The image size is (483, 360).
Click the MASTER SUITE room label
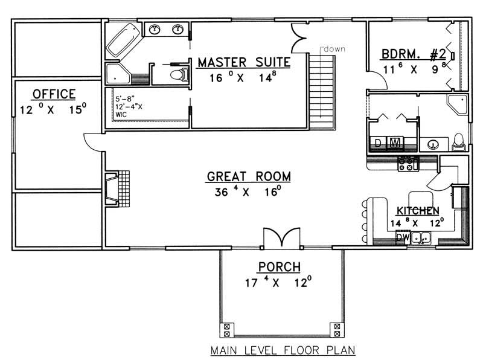[244, 62]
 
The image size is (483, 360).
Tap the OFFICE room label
[54, 94]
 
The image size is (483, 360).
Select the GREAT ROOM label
[249, 177]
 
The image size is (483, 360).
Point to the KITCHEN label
[418, 211]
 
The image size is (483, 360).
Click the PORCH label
[280, 266]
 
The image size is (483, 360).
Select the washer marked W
[394, 143]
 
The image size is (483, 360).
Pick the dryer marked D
[378, 143]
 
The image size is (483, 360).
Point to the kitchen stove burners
[408, 162]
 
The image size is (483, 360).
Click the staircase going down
[323, 91]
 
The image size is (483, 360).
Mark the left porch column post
[227, 330]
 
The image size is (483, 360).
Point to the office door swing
[94, 141]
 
